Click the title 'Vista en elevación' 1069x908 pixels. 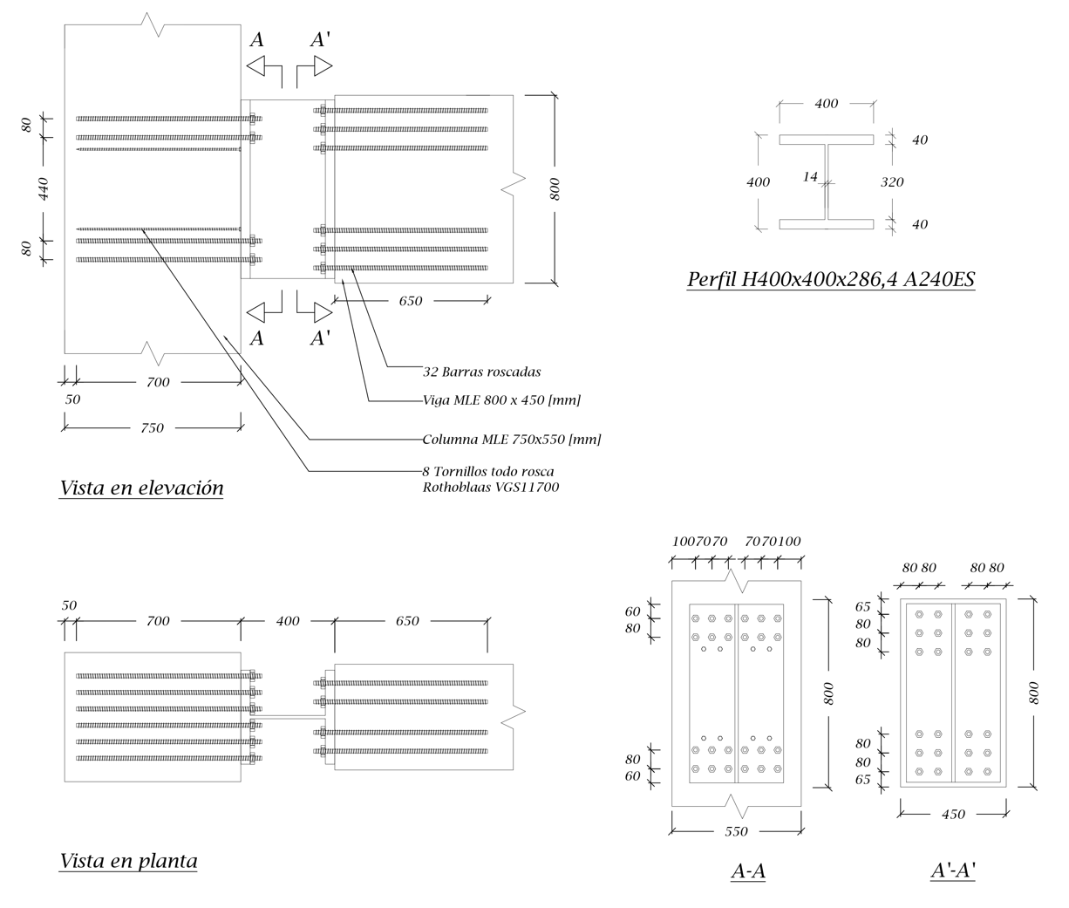click(x=141, y=488)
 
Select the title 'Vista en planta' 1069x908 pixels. click(x=128, y=861)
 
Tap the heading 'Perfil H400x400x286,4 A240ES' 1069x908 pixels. click(x=830, y=280)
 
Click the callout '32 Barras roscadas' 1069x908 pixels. click(x=481, y=372)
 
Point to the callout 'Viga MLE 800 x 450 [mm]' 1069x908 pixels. click(x=501, y=400)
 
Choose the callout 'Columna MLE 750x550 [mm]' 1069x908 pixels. click(x=511, y=440)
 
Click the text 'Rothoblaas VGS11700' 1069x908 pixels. click(x=490, y=488)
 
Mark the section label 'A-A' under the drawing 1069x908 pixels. click(x=748, y=870)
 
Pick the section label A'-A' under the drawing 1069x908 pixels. click(x=952, y=870)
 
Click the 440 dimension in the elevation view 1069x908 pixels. click(x=44, y=188)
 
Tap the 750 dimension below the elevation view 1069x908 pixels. click(x=152, y=428)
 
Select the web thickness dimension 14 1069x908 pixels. click(x=810, y=177)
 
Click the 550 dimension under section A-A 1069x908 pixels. click(x=736, y=832)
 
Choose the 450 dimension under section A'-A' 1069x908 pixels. click(x=953, y=815)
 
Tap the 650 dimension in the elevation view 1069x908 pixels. click(x=410, y=301)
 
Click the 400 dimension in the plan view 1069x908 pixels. click(x=288, y=622)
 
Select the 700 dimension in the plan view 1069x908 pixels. click(x=158, y=622)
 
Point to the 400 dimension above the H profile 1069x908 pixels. click(x=826, y=104)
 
